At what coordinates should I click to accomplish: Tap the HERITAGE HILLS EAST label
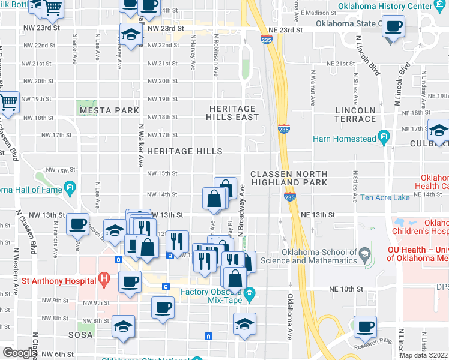click(x=233, y=113)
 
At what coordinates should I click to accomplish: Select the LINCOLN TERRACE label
click(x=355, y=115)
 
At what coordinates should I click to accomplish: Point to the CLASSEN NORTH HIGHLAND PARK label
click(x=289, y=178)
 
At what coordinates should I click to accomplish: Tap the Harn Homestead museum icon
click(x=383, y=139)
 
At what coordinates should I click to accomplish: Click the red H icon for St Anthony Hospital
click(x=104, y=280)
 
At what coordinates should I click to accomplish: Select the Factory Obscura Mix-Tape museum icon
click(x=250, y=293)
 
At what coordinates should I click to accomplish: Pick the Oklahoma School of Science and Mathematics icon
click(x=364, y=256)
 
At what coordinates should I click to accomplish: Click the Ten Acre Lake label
click(x=385, y=197)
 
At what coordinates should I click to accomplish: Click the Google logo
click(x=20, y=353)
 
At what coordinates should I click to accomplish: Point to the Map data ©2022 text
click(x=423, y=355)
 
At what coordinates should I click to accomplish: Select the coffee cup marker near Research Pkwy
click(x=364, y=327)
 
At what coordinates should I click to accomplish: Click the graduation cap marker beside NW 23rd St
click(x=130, y=34)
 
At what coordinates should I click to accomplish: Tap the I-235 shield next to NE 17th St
click(x=284, y=128)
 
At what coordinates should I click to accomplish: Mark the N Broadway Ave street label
click(x=244, y=210)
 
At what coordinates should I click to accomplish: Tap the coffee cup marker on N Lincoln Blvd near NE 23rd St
click(x=393, y=26)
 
